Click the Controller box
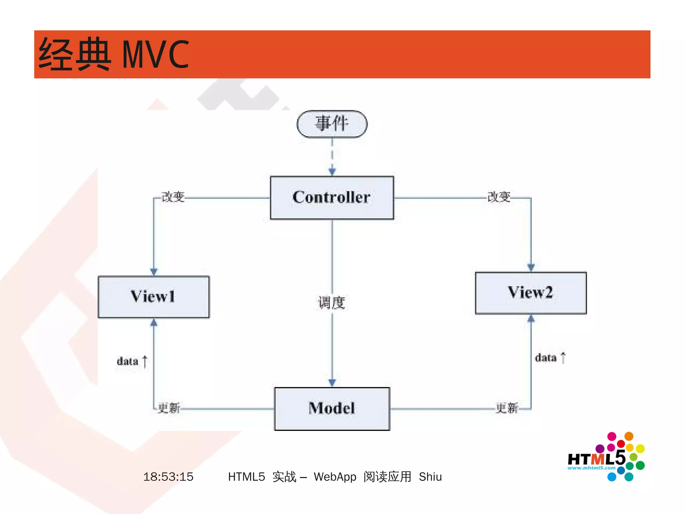(x=332, y=198)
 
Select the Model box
(x=332, y=409)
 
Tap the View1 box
(x=154, y=297)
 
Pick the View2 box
(x=531, y=293)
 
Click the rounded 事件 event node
(x=332, y=124)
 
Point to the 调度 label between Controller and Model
(x=331, y=303)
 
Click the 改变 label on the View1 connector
(x=173, y=197)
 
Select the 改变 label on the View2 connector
(x=499, y=197)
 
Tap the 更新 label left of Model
(x=169, y=408)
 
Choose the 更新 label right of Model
(x=507, y=408)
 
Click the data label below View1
(x=128, y=361)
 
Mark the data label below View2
(x=546, y=358)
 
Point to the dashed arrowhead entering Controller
(x=332, y=172)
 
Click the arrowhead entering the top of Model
(x=332, y=382)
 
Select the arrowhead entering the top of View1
(x=154, y=271)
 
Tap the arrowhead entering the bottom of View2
(x=531, y=318)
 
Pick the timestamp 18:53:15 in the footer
(x=168, y=476)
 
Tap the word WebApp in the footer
(x=335, y=476)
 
